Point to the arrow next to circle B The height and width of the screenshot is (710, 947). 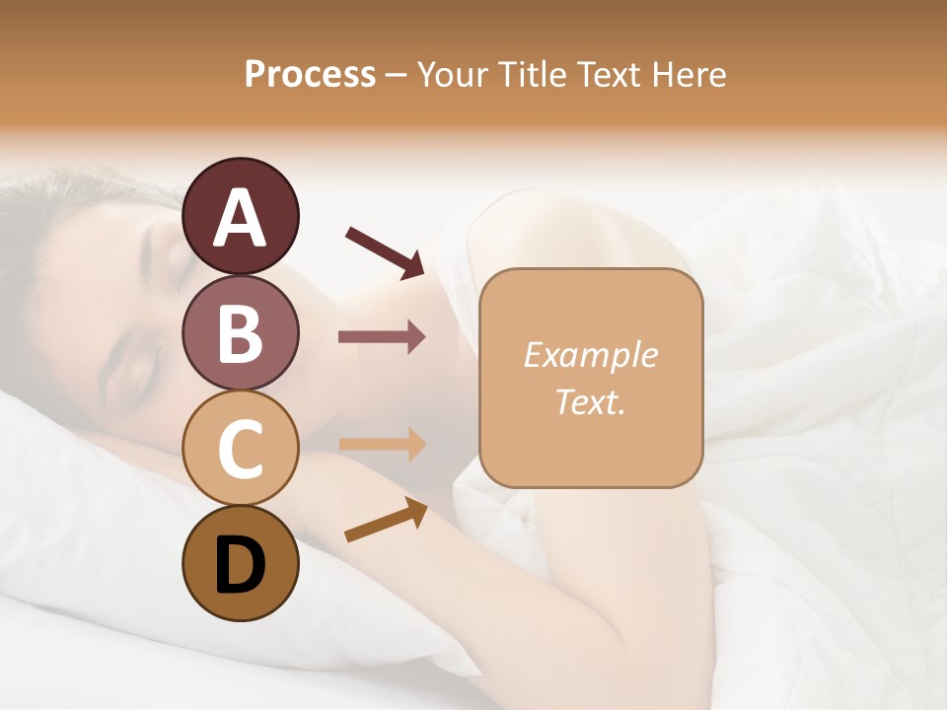click(x=382, y=337)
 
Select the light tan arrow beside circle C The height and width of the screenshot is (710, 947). click(x=382, y=445)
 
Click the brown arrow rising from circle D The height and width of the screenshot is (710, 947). click(x=386, y=520)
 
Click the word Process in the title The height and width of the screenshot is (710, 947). click(x=310, y=74)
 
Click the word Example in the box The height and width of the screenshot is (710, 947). click(x=590, y=355)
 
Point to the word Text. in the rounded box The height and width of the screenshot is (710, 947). click(x=590, y=401)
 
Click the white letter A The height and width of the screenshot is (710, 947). click(x=240, y=218)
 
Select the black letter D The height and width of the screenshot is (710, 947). click(x=240, y=564)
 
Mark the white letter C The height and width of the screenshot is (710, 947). click(x=240, y=449)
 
